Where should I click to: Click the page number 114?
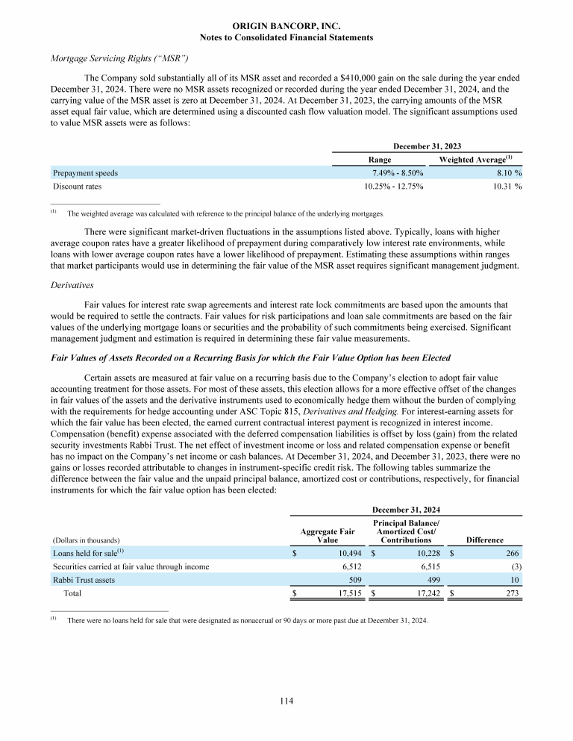[x=286, y=700]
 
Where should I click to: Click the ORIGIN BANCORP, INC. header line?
[x=286, y=25]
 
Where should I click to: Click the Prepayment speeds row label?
[x=85, y=173]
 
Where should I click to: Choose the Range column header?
[x=381, y=159]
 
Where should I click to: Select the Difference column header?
[x=484, y=540]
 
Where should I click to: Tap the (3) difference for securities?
[x=514, y=566]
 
